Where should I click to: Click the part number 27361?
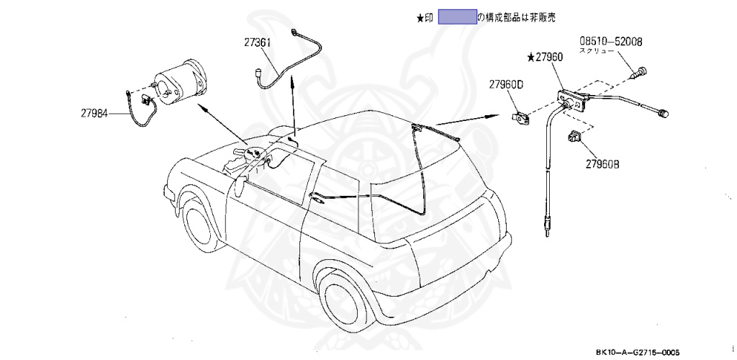(256, 43)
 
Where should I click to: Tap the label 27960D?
(507, 85)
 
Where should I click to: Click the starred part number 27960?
(547, 56)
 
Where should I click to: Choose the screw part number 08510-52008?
(611, 42)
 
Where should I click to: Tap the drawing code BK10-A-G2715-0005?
(637, 352)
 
